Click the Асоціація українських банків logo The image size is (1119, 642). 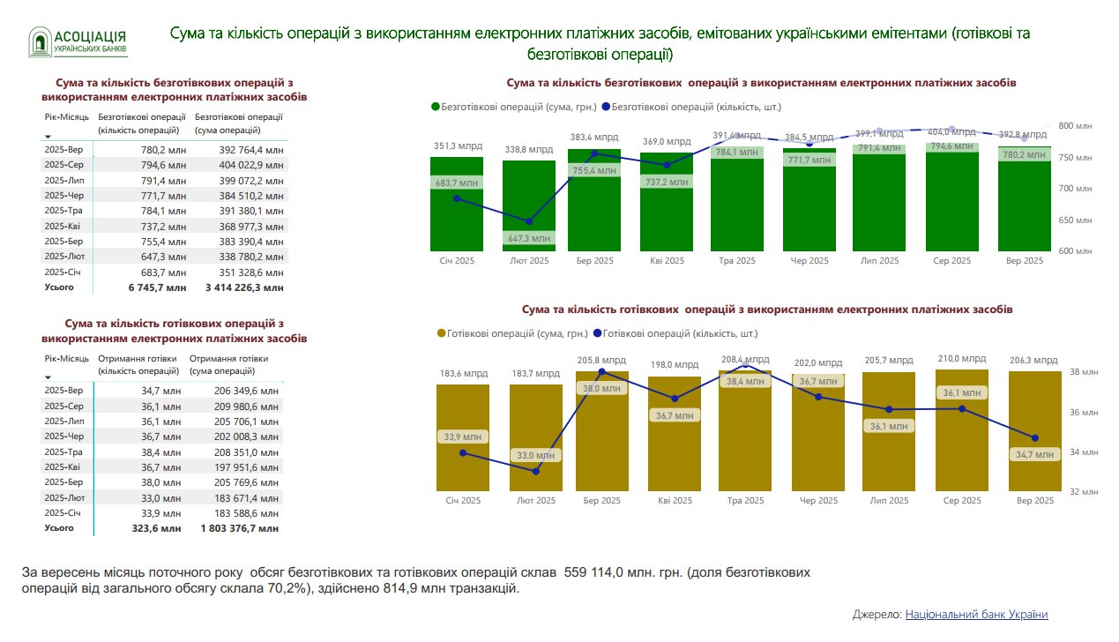pos(78,41)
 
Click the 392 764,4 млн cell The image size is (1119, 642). pos(251,150)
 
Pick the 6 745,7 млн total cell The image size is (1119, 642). pos(157,287)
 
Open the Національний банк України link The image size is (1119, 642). pos(976,615)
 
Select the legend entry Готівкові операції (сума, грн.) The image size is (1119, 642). pos(512,334)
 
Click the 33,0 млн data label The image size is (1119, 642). pos(535,456)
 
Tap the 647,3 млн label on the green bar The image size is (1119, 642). pos(529,238)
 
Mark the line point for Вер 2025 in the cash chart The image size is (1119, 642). pos(1035,438)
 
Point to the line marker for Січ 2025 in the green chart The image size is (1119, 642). pos(457,198)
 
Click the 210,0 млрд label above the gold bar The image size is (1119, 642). pos(961,359)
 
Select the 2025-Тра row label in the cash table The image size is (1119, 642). pos(63,452)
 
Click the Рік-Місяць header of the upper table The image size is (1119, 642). pos(66,116)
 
